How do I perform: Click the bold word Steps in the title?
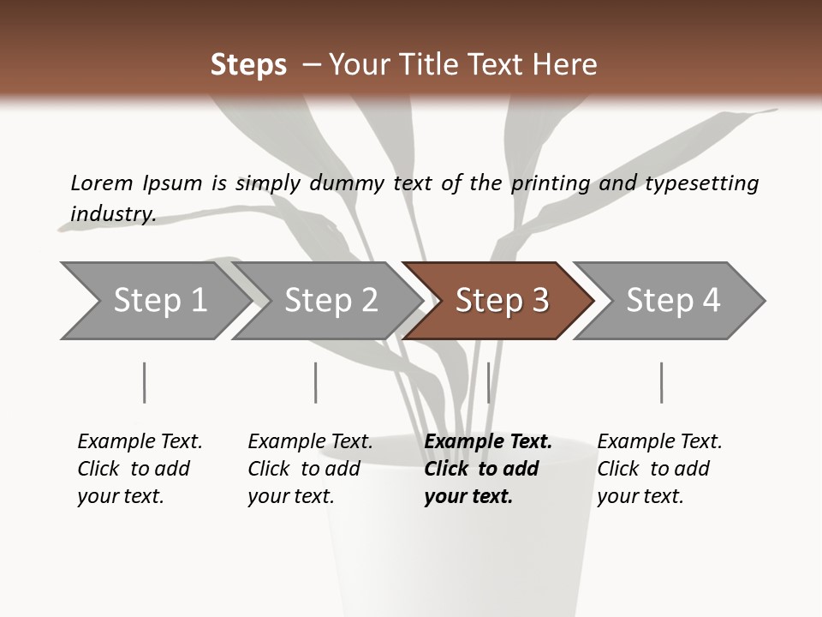(248, 65)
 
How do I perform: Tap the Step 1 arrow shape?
(150, 301)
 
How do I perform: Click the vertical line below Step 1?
(144, 382)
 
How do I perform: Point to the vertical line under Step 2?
(316, 382)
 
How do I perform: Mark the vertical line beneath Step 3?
(488, 382)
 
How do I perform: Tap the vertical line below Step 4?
(661, 382)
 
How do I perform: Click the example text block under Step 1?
(140, 469)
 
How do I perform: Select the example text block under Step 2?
(310, 469)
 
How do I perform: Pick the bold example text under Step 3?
(487, 469)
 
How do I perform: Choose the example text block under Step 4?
(659, 469)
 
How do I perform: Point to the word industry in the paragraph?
(112, 214)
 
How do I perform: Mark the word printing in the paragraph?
(551, 183)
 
